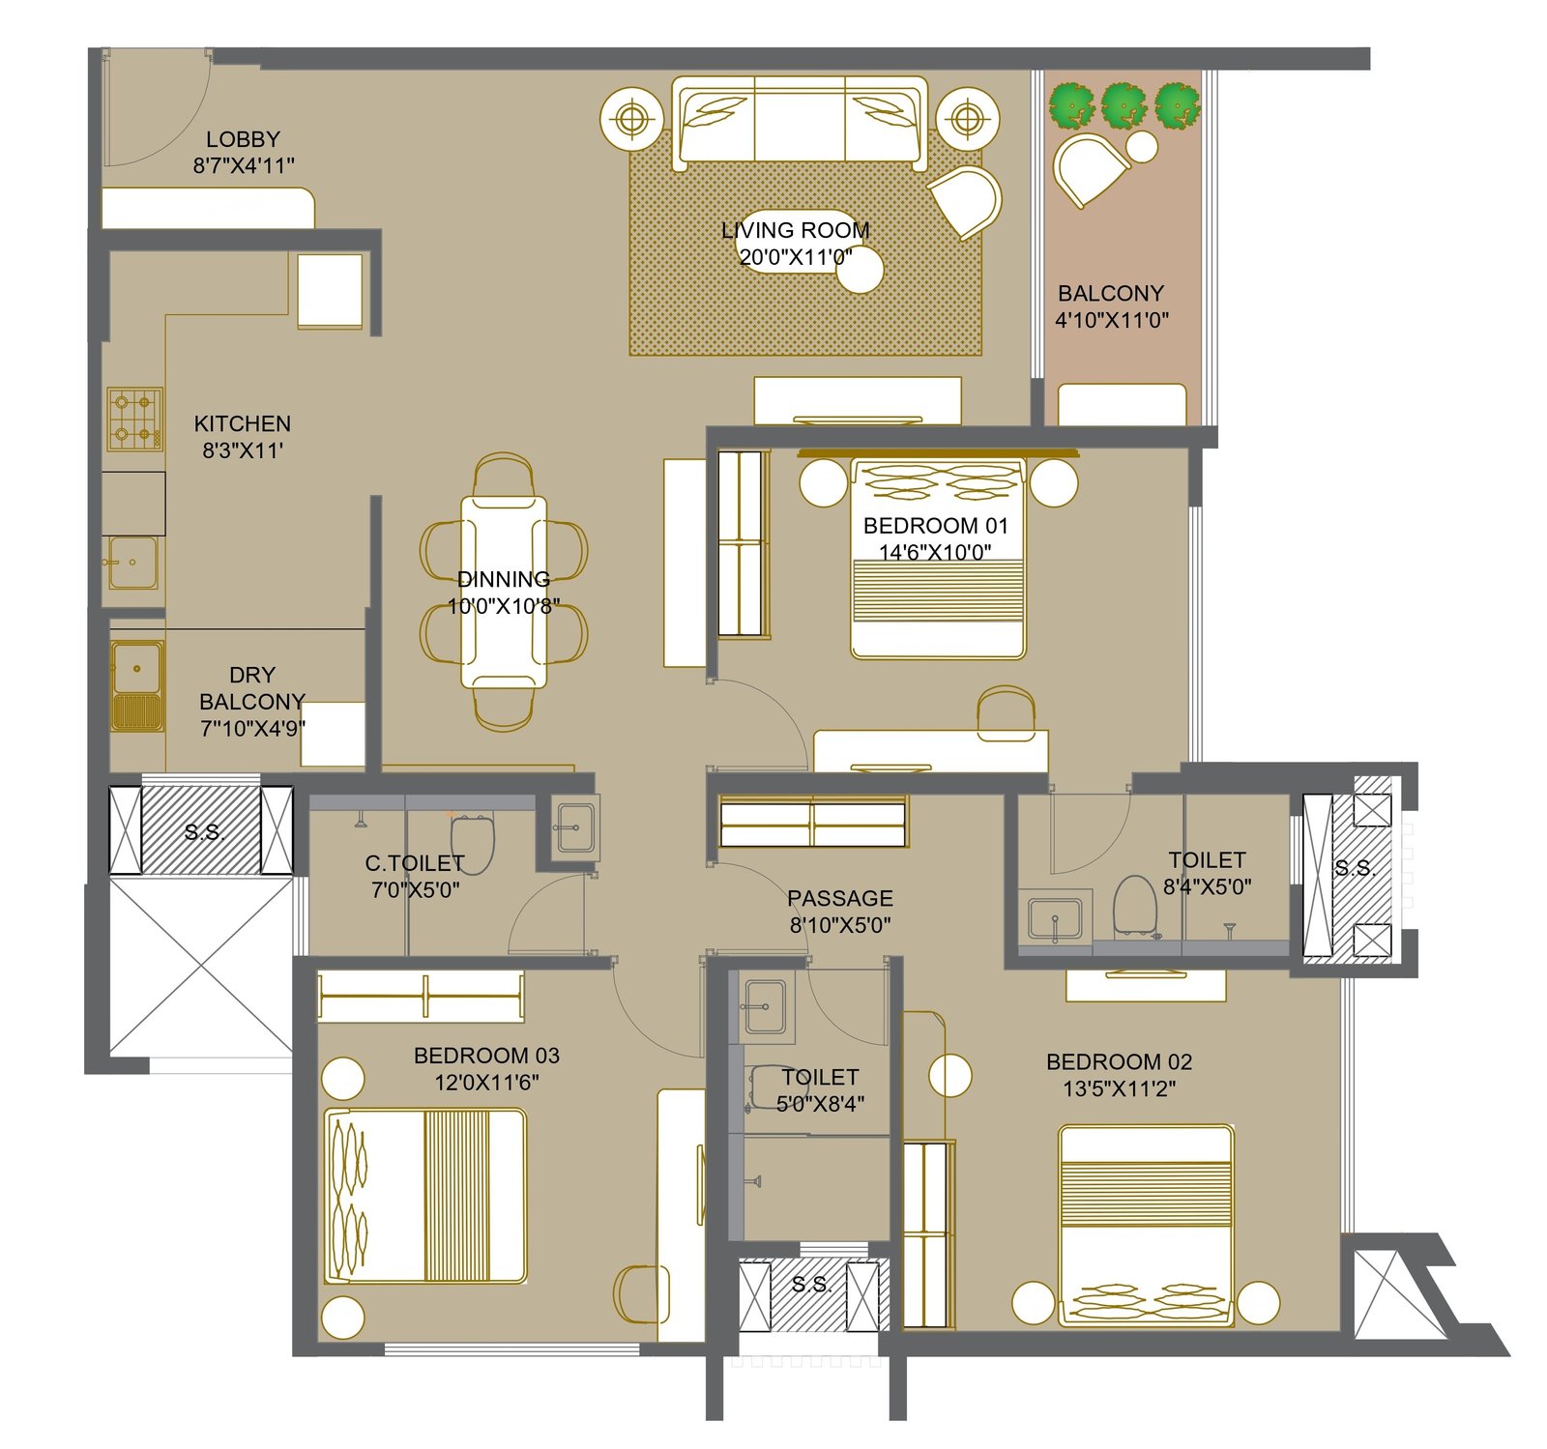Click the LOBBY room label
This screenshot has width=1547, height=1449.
click(243, 139)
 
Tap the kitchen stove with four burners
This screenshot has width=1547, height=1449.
click(134, 419)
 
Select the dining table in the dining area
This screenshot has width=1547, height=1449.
click(504, 592)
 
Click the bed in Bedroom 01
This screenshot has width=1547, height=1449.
click(937, 559)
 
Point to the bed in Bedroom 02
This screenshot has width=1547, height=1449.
click(1146, 1225)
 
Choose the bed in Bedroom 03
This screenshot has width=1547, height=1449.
click(425, 1196)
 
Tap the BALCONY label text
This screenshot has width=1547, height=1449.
click(1111, 293)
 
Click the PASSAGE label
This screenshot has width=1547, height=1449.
click(840, 898)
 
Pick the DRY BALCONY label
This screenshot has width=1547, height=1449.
click(252, 688)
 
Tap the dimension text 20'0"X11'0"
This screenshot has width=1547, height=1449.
click(796, 257)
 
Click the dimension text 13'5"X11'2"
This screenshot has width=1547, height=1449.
click(1120, 1088)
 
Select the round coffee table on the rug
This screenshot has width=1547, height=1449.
click(860, 270)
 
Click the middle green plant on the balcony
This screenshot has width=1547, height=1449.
click(1124, 104)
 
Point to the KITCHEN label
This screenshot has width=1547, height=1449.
click(243, 423)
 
